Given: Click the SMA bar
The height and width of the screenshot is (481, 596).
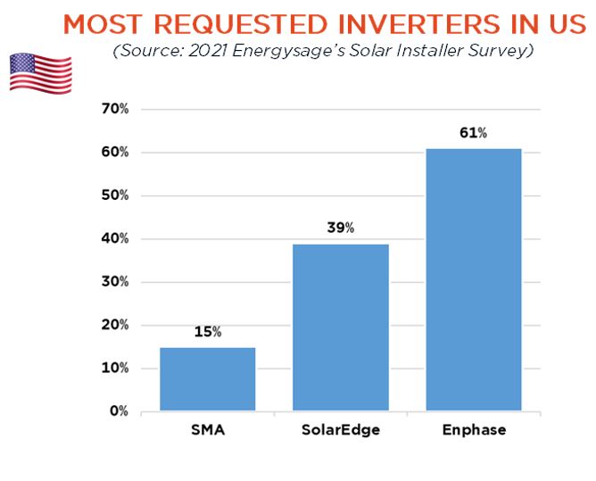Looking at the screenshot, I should pyautogui.click(x=207, y=379).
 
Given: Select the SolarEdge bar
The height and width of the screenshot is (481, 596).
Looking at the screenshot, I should pyautogui.click(x=340, y=328).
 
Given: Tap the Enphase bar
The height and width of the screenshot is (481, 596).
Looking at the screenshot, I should pyautogui.click(x=473, y=279).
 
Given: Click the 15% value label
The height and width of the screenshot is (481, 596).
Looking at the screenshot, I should pyautogui.click(x=207, y=332).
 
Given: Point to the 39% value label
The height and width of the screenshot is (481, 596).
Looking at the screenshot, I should pyautogui.click(x=340, y=228).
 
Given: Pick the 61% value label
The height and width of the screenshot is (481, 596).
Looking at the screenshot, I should pyautogui.click(x=473, y=133).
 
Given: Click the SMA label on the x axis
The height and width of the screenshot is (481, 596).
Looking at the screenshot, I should pyautogui.click(x=207, y=430).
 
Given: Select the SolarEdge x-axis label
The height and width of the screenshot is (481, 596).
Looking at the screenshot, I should pyautogui.click(x=340, y=430).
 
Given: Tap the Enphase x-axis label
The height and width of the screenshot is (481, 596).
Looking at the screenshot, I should pyautogui.click(x=473, y=430).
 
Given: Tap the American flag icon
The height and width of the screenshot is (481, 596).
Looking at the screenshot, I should pyautogui.click(x=40, y=72).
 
